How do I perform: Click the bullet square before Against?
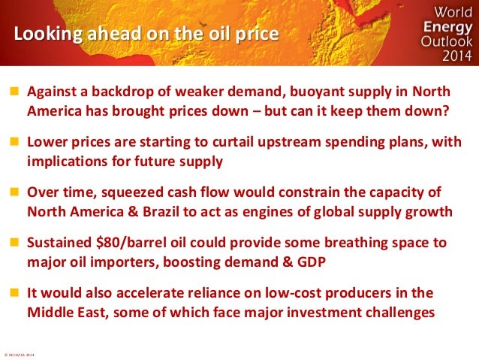pyautogui.click(x=14, y=91)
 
